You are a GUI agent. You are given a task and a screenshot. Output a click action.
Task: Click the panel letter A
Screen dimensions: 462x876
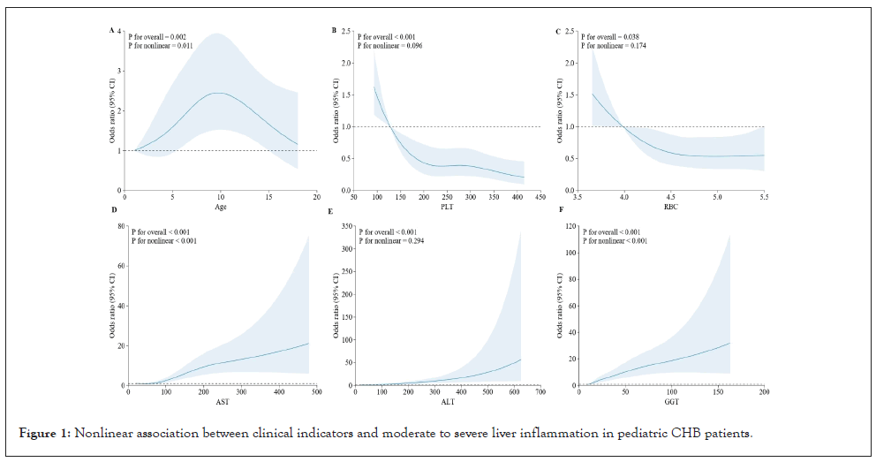click(112, 31)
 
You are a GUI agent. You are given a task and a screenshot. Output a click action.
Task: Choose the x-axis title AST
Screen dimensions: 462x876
click(221, 402)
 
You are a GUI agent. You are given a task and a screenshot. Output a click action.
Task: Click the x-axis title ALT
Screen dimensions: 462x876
click(447, 402)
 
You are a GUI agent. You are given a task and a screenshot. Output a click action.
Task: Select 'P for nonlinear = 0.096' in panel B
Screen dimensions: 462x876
click(389, 45)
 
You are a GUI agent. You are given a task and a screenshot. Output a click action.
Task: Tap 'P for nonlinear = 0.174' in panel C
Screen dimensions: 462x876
click(615, 45)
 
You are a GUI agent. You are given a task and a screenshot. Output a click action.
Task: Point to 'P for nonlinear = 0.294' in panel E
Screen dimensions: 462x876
click(389, 240)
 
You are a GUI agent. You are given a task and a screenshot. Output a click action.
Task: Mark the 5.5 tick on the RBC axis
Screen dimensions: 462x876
click(764, 197)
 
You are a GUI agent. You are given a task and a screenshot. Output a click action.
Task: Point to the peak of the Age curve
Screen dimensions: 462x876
click(218, 93)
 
